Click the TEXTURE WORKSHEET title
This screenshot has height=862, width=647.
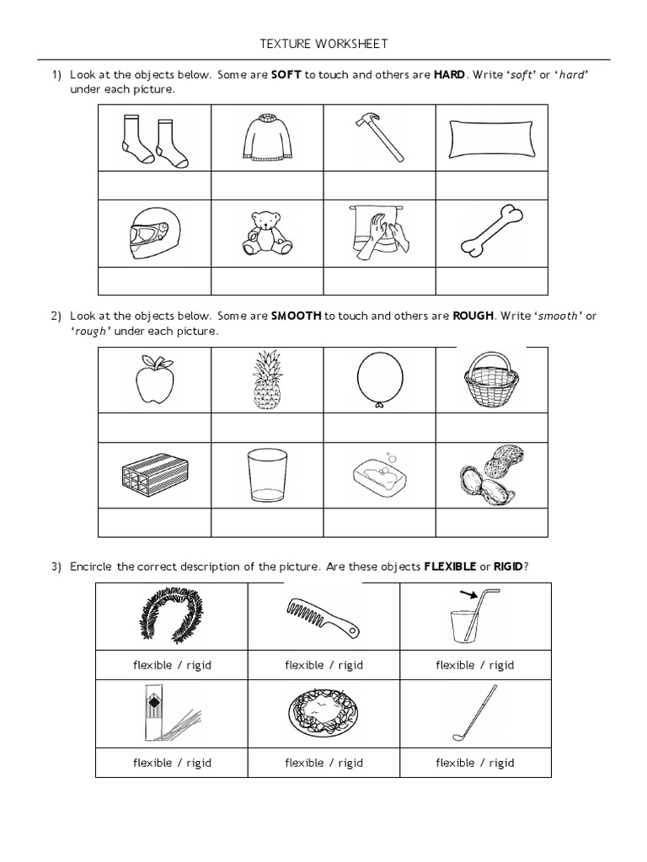pyautogui.click(x=323, y=44)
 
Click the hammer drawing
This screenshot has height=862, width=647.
pyautogui.click(x=379, y=137)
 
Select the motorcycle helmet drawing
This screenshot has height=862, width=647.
pyautogui.click(x=154, y=233)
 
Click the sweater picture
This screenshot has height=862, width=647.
pyautogui.click(x=266, y=137)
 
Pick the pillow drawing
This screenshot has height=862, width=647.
pyautogui.click(x=491, y=137)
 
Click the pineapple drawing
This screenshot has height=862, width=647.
pyautogui.click(x=267, y=380)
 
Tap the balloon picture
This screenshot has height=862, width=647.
pyautogui.click(x=379, y=379)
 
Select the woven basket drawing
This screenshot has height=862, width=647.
pyautogui.click(x=490, y=380)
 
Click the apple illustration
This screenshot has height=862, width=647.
pyautogui.click(x=155, y=382)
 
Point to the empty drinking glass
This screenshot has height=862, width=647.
pyautogui.click(x=266, y=476)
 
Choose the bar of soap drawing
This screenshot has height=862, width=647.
pyautogui.click(x=379, y=476)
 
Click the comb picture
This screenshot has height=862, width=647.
pyautogui.click(x=323, y=619)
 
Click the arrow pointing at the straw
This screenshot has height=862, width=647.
pyautogui.click(x=467, y=596)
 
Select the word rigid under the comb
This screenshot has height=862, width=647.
pyautogui.click(x=350, y=665)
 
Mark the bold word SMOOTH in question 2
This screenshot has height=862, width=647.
pyautogui.click(x=296, y=316)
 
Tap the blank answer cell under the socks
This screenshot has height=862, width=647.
pyautogui.click(x=154, y=184)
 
